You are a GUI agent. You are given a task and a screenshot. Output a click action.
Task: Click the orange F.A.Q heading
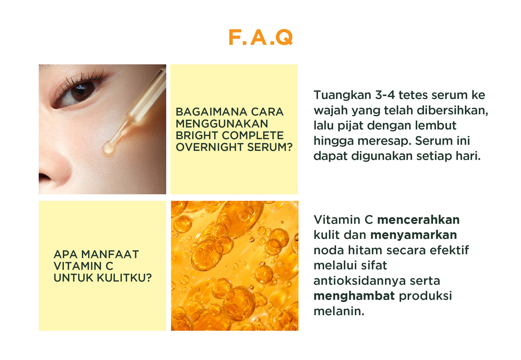(260, 38)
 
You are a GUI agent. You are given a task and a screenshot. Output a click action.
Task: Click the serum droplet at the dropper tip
(108, 147)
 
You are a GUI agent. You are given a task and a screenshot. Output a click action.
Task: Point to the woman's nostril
(45, 177)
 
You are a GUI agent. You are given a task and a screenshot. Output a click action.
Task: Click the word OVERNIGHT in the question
(209, 147)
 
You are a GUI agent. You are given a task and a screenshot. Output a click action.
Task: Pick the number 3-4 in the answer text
(385, 95)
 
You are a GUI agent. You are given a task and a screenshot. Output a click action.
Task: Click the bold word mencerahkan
(418, 220)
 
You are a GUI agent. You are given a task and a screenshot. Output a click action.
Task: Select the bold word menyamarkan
(414, 235)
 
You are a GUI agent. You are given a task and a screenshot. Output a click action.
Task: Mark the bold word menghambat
(354, 296)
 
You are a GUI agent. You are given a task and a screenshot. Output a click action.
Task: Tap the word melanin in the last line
(337, 311)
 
